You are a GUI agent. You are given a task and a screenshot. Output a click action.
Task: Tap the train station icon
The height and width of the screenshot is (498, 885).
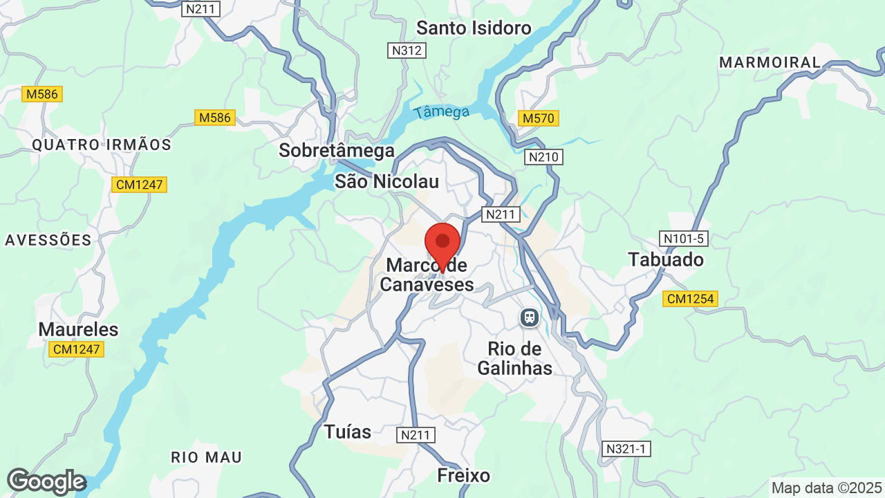pos(530,317)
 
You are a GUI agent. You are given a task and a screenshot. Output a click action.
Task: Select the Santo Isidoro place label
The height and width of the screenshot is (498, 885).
pos(474,28)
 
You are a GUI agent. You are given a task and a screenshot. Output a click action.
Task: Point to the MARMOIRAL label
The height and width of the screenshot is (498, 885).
pos(770,62)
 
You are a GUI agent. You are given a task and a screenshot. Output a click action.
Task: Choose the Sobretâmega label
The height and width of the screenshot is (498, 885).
pos(337,150)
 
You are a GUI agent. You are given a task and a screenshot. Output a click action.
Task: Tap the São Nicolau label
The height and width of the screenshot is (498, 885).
pos(386,181)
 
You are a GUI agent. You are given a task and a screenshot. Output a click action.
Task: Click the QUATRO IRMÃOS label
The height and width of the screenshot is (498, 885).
pos(102,145)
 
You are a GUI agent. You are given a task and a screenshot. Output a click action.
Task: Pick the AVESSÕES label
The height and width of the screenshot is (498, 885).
pos(48,240)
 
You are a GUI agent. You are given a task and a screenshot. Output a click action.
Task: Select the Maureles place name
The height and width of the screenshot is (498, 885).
pos(78,329)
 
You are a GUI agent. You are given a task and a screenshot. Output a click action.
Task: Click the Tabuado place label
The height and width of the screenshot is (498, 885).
pos(666,259)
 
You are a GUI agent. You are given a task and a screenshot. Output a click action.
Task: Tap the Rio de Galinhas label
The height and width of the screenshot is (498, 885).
pos(515,358)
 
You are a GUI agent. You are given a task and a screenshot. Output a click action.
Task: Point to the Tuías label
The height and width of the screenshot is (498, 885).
pos(348,432)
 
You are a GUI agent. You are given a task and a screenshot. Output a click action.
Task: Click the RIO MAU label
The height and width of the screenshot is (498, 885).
pos(207,457)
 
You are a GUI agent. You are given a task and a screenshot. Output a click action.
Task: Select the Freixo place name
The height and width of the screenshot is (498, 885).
pos(464,475)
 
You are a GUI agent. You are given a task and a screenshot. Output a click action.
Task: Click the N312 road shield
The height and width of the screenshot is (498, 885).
pos(406,50)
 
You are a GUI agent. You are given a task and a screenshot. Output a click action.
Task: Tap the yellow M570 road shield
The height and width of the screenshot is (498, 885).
pos(538,118)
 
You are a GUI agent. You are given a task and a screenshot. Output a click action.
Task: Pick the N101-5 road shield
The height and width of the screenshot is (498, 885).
pos(683,239)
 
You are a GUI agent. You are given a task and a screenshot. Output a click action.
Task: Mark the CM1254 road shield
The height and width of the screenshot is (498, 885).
pos(690,299)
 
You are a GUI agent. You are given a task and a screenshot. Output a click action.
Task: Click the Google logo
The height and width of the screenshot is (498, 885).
pos(46,481)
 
